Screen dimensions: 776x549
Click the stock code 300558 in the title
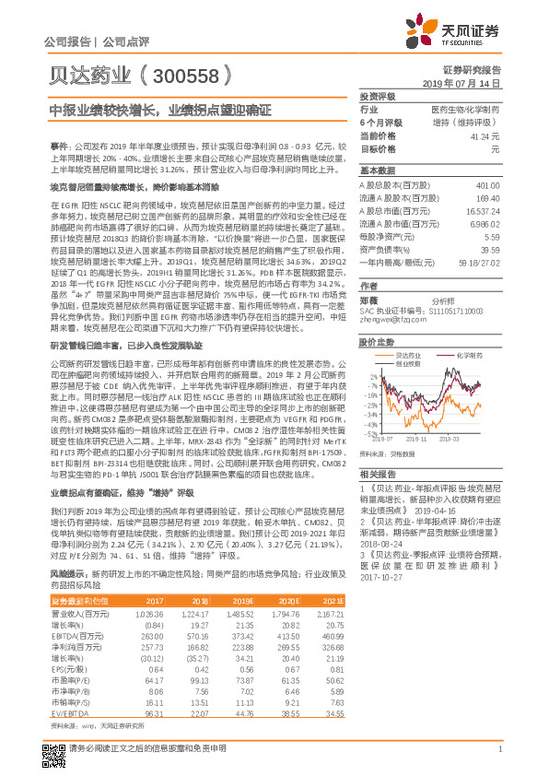click(181, 75)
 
